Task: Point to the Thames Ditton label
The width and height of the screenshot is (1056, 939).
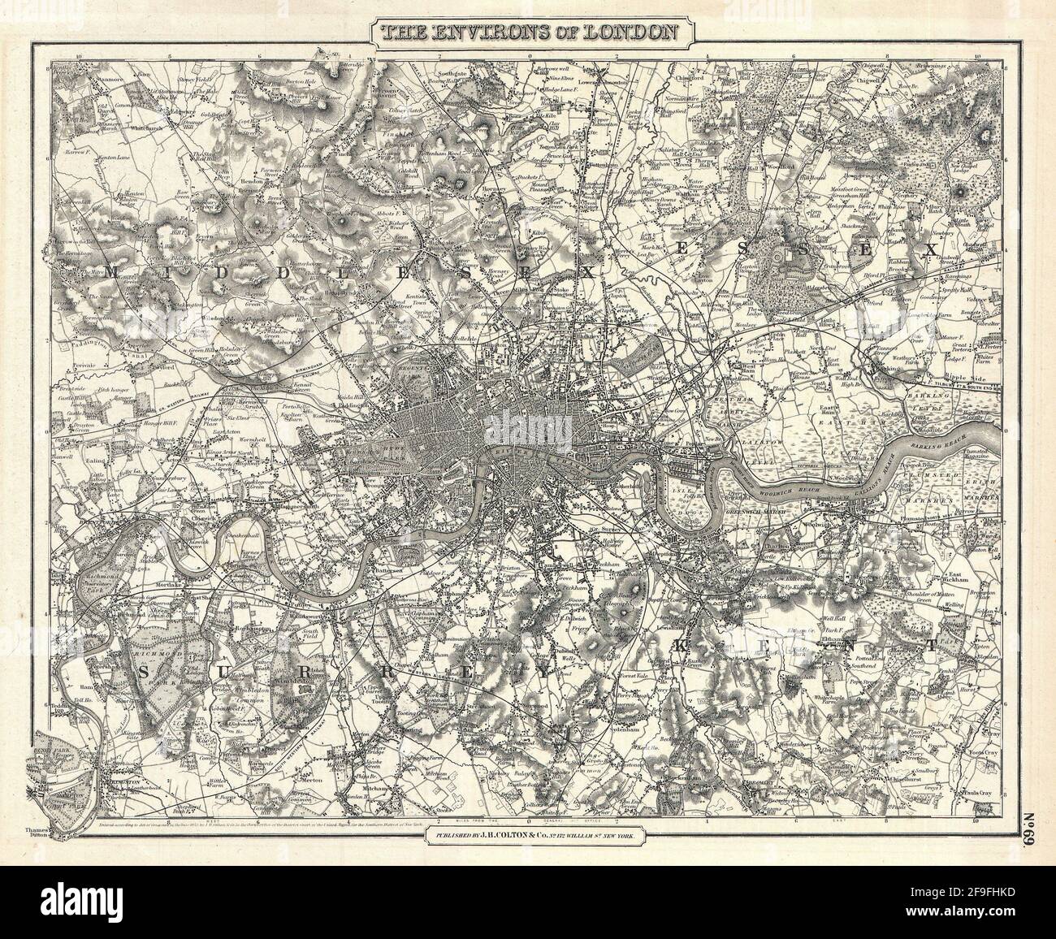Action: click(38, 835)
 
